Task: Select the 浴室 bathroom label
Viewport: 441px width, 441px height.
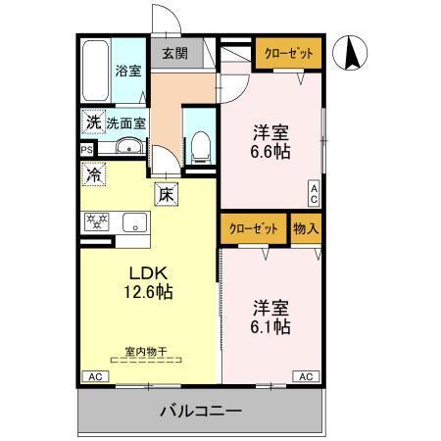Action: tap(127, 71)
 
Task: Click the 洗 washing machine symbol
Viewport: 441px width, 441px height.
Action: tap(91, 123)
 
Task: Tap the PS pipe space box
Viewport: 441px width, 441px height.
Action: tap(87, 150)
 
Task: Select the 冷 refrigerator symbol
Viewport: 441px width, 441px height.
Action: tap(92, 177)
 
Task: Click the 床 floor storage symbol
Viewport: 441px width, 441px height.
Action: tap(166, 193)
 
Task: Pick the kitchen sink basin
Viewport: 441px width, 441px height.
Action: tap(130, 222)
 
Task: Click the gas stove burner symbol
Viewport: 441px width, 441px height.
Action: tap(96, 221)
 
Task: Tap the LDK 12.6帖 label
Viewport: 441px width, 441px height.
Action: tap(146, 280)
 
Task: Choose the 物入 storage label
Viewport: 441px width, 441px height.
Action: tap(305, 228)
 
